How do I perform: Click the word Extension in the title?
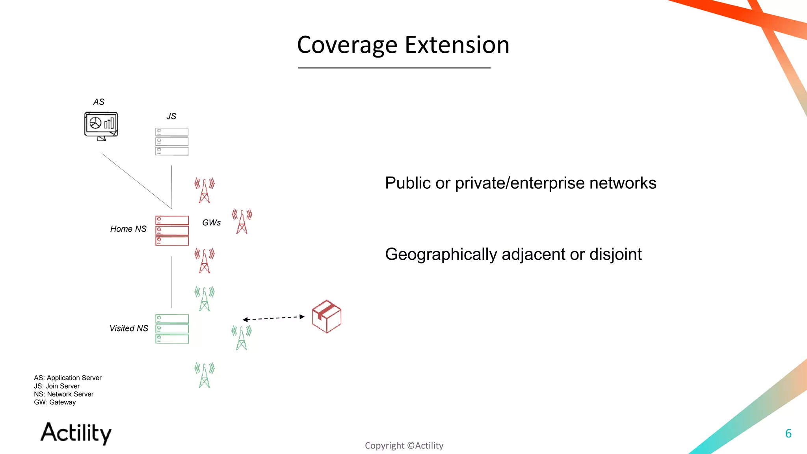pyautogui.click(x=457, y=45)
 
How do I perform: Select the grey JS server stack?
pyautogui.click(x=172, y=141)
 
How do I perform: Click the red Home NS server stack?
pyautogui.click(x=172, y=231)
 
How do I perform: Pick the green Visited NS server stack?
pyautogui.click(x=172, y=329)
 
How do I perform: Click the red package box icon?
pyautogui.click(x=327, y=316)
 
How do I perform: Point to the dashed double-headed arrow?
pyautogui.click(x=273, y=318)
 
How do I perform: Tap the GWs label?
pyautogui.click(x=211, y=223)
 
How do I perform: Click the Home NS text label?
pyautogui.click(x=128, y=229)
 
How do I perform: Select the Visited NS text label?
pyautogui.click(x=128, y=328)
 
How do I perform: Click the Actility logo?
pyautogui.click(x=76, y=433)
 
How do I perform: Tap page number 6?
pyautogui.click(x=788, y=434)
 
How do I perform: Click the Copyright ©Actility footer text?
pyautogui.click(x=404, y=446)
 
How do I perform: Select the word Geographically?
pyautogui.click(x=441, y=255)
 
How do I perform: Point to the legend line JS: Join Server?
pyautogui.click(x=57, y=386)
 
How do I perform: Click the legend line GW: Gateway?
pyautogui.click(x=55, y=402)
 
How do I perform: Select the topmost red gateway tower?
pyautogui.click(x=205, y=191)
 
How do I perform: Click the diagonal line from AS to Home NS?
pyautogui.click(x=136, y=180)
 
